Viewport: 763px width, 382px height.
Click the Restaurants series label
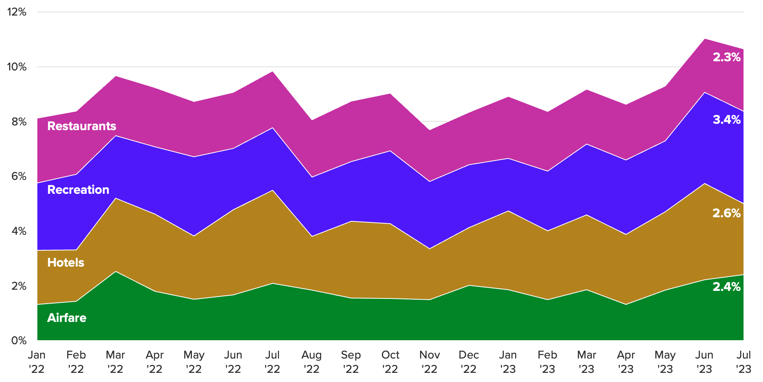click(x=81, y=126)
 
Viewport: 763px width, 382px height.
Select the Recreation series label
click(x=78, y=190)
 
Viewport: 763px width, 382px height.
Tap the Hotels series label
click(x=66, y=263)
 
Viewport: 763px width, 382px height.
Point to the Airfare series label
click(x=67, y=318)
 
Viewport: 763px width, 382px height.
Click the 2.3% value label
click(x=726, y=57)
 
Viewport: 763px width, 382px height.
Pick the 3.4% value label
click(x=726, y=120)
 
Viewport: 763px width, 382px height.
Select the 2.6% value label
click(x=726, y=213)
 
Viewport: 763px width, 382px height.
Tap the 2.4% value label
click(x=726, y=287)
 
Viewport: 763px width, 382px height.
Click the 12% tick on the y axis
click(x=17, y=12)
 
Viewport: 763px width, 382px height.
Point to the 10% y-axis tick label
click(x=17, y=67)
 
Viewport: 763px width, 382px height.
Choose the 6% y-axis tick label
click(x=19, y=176)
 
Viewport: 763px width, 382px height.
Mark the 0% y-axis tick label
click(x=19, y=341)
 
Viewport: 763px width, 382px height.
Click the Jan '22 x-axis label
click(x=37, y=362)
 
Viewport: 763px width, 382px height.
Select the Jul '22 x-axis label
click(x=273, y=362)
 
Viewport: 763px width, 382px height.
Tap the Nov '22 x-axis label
click(x=430, y=362)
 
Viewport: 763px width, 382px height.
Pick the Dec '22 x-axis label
click(x=469, y=362)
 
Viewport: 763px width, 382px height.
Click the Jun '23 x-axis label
click(x=705, y=362)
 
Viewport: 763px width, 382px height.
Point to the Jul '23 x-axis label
click(x=744, y=362)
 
